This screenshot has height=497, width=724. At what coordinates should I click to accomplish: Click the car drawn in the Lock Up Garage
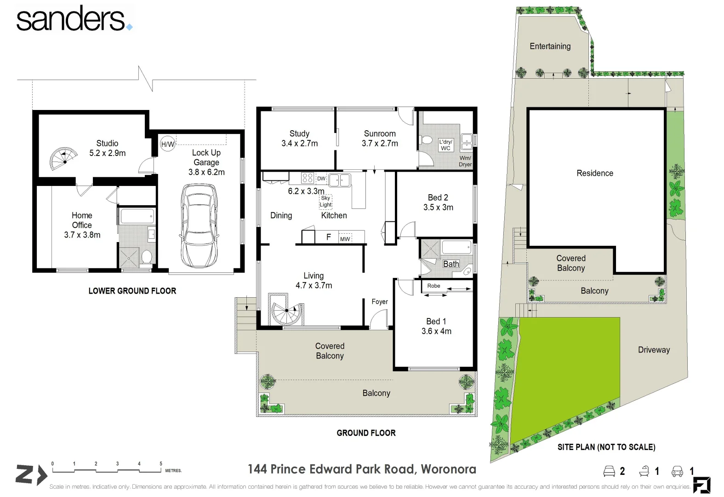point(199,225)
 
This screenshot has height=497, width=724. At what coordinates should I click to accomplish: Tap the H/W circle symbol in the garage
point(167,144)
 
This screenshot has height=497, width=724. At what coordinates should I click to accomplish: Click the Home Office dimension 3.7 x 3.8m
point(82,235)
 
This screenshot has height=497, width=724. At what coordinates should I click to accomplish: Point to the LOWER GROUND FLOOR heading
point(132,291)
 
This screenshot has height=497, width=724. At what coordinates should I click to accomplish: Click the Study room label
point(299,133)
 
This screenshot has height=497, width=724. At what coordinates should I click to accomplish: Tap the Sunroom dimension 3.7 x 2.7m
point(380,143)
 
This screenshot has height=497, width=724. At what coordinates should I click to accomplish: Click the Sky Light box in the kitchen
point(325,201)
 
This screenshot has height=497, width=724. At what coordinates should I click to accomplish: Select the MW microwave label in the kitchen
point(345,239)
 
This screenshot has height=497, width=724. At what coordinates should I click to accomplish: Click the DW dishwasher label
point(321,179)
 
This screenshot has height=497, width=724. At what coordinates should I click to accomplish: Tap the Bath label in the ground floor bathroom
point(451,264)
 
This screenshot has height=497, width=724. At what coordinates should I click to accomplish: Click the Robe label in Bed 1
point(433,286)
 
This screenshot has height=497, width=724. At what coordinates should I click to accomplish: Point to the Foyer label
point(380,301)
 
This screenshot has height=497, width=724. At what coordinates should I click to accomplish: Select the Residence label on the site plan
point(595,173)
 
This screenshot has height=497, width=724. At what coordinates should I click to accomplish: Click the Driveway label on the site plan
point(654,350)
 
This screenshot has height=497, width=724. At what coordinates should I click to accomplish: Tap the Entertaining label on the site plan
point(550,46)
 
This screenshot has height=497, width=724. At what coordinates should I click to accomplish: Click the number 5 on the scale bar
point(161,464)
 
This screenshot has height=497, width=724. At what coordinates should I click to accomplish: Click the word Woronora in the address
point(448,469)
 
